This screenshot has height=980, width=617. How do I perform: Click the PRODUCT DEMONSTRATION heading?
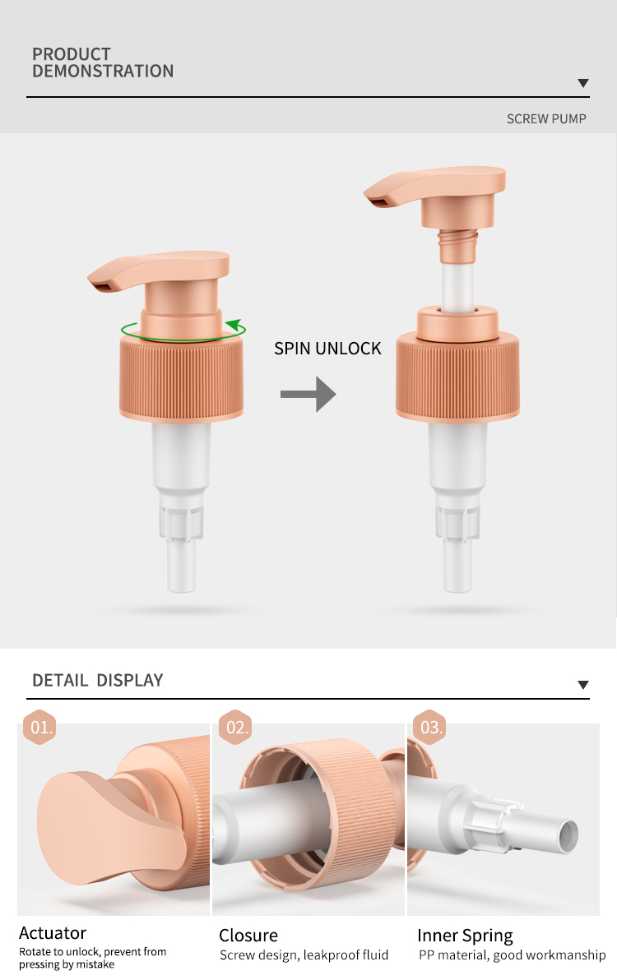[x=103, y=62]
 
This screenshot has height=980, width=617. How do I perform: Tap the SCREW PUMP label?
[x=546, y=118]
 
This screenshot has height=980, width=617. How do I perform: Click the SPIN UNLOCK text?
[x=327, y=348]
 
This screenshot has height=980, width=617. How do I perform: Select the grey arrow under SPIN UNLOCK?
[x=308, y=394]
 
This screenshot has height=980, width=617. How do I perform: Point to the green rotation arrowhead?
[x=235, y=325]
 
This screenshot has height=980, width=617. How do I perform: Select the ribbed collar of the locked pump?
[x=181, y=377]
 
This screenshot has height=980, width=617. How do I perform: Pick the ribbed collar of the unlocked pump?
[x=457, y=375]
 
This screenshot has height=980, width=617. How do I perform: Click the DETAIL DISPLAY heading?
[x=98, y=680]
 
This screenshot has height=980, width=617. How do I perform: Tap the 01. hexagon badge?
[x=40, y=727]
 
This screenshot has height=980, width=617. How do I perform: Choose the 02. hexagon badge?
[x=235, y=727]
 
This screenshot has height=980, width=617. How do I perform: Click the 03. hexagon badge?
[x=429, y=727]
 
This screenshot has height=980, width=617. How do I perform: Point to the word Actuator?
[x=53, y=932]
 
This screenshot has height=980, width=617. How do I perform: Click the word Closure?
[x=248, y=935]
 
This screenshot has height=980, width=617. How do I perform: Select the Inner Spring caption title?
[x=465, y=936]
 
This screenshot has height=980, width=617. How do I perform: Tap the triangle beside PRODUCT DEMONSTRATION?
[x=583, y=83]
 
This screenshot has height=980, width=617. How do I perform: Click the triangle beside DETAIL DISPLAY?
[x=583, y=685]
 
